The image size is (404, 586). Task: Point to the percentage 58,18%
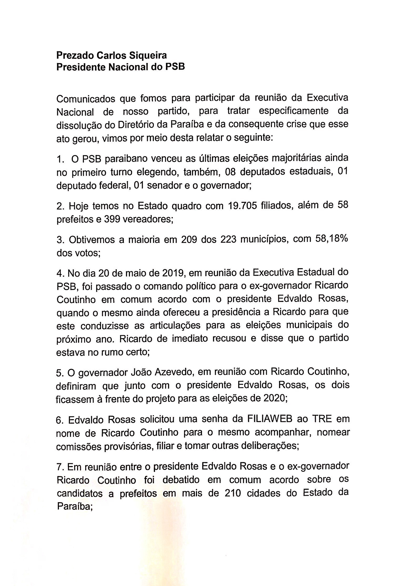(x=329, y=239)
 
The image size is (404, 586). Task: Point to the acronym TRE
(x=322, y=419)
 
